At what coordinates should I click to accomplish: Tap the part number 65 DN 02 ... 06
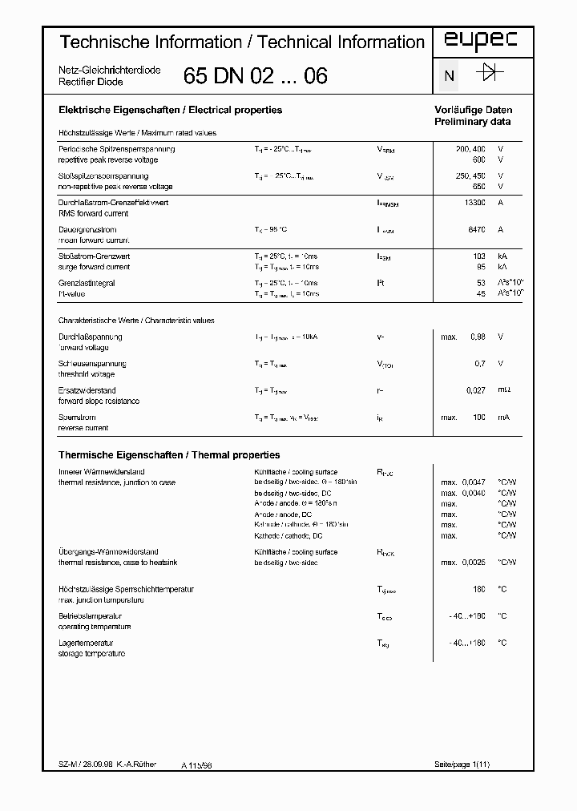click(255, 76)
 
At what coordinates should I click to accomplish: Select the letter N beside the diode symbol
click(450, 76)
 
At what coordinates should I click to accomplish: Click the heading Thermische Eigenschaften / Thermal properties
click(169, 454)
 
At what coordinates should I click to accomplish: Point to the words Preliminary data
click(472, 122)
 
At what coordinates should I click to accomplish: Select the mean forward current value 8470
click(477, 229)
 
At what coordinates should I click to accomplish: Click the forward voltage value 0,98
click(477, 337)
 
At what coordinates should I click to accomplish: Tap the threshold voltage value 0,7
click(479, 363)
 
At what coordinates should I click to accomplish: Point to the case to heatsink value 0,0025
click(474, 563)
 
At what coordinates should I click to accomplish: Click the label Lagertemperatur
click(86, 643)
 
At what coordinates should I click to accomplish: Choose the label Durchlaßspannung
click(90, 337)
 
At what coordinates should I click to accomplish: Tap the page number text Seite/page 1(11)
click(462, 765)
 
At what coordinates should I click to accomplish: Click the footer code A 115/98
click(196, 766)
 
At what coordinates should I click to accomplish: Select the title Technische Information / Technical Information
click(243, 42)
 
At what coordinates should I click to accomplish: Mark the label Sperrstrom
click(77, 417)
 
